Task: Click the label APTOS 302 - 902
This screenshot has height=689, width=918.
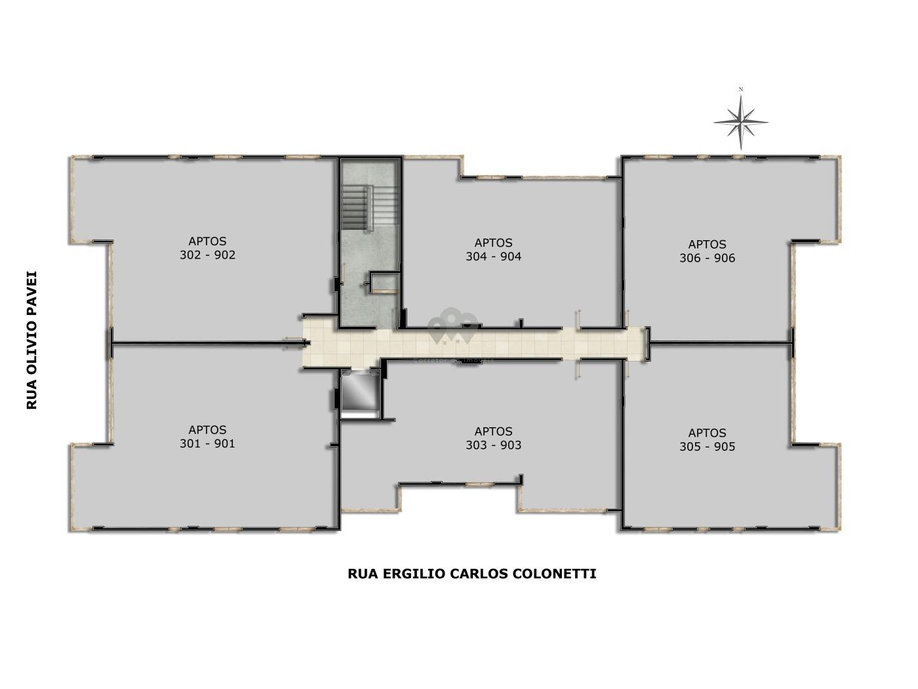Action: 207,248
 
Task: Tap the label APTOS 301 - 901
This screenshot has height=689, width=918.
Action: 207,437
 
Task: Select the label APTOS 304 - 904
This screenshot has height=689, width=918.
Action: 494,250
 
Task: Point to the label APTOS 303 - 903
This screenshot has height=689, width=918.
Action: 494,438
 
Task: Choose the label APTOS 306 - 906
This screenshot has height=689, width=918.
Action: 708,251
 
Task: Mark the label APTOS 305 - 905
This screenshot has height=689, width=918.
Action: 708,440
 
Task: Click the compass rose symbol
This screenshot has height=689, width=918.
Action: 741,123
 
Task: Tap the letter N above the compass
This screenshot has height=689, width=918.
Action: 741,89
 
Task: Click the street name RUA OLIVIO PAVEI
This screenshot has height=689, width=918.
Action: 31,340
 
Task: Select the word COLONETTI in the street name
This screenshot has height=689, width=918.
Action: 555,574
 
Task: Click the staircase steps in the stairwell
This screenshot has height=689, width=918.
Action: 355,208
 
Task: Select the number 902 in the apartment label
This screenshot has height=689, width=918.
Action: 225,255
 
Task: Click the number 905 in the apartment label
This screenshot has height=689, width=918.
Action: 725,447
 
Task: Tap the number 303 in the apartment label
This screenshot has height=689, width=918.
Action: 477,445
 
